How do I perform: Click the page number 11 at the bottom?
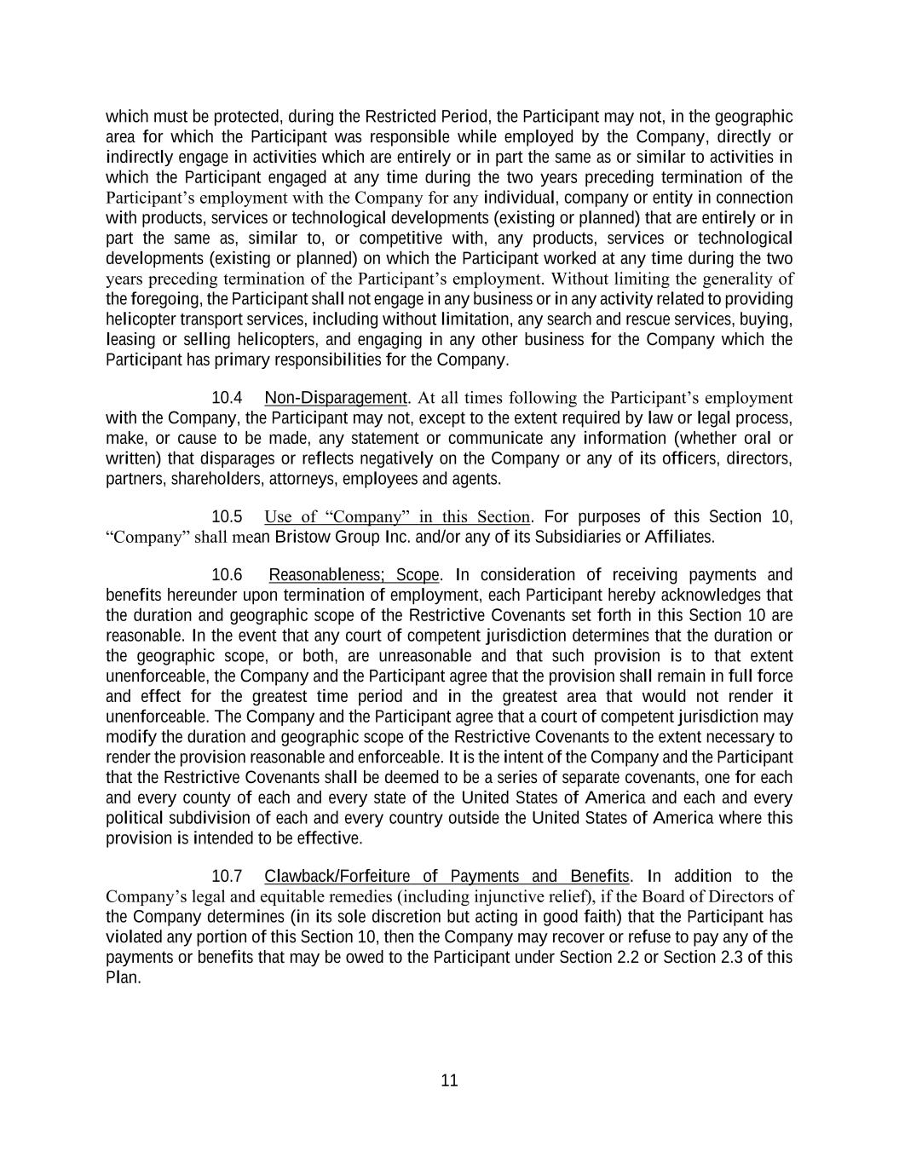click(450, 1080)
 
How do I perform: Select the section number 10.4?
click(227, 398)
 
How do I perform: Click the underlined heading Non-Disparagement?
click(336, 398)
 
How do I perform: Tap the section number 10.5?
click(227, 517)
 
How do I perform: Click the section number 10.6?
click(227, 575)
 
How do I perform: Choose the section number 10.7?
click(227, 877)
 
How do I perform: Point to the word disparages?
click(245, 459)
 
